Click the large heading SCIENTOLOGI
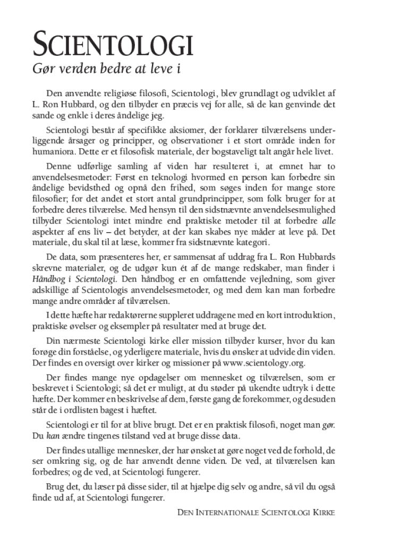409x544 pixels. pyautogui.click(x=112, y=46)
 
